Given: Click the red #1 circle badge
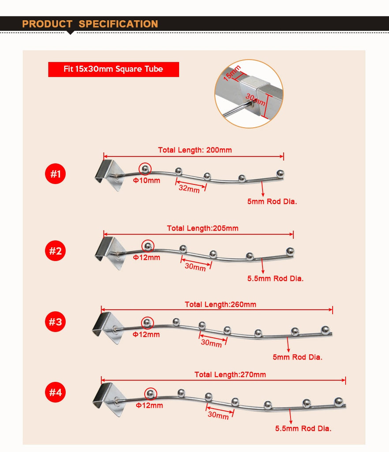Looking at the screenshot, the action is tap(55, 173).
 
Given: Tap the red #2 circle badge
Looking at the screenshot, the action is tap(55, 251).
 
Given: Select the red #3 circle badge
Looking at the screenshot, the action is tap(55, 321).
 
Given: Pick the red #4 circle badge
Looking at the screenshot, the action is tap(55, 392).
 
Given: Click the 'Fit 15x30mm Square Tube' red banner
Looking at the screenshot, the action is tap(113, 69).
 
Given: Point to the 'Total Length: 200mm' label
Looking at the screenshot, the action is tap(195, 150).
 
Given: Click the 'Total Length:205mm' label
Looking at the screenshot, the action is tap(203, 228).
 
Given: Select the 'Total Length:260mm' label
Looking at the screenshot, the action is tap(221, 305).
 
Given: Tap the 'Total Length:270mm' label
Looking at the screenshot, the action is tap(230, 374).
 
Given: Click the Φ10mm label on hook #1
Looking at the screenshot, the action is tap(146, 181).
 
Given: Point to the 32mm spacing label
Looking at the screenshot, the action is tap(189, 188).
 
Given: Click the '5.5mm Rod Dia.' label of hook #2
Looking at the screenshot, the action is tap(275, 279).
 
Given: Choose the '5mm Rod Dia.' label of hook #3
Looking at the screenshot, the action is tap(297, 357).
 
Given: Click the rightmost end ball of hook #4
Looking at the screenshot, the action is tap(338, 401).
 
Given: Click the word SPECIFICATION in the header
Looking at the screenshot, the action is tap(118, 24).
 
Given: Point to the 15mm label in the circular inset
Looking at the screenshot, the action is tap(232, 73).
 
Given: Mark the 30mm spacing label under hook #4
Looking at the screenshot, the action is tap(218, 415).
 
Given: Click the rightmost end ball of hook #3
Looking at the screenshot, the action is tap(325, 330).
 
